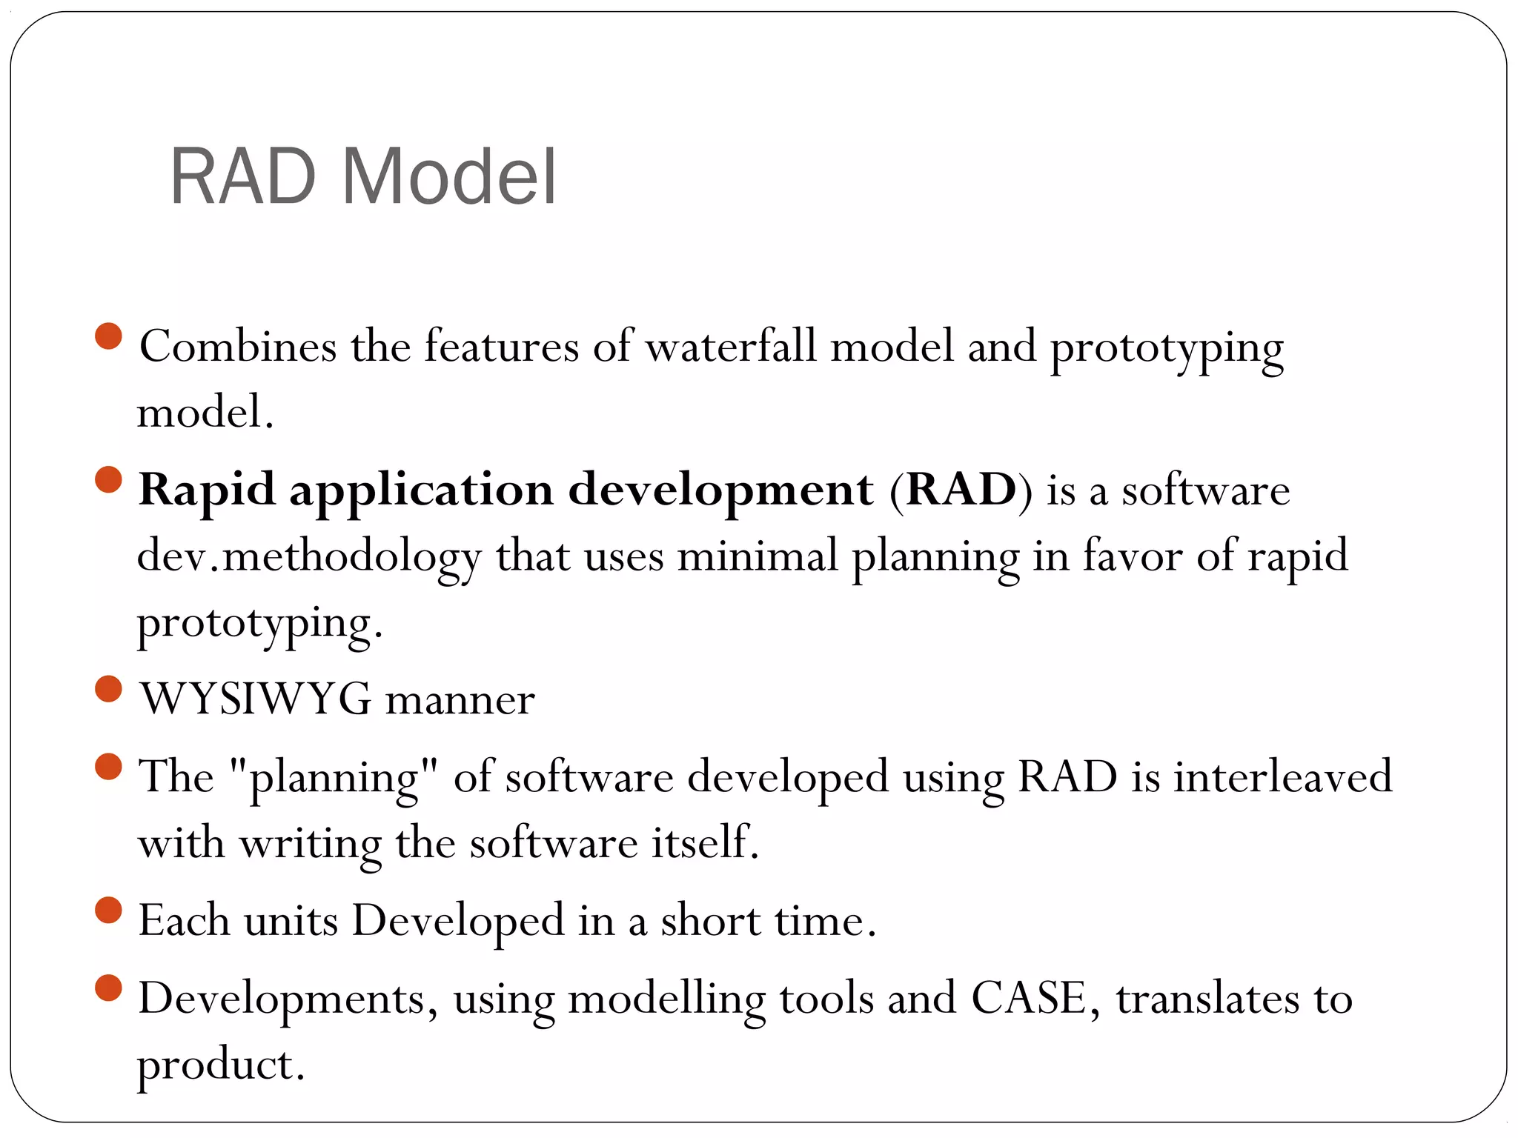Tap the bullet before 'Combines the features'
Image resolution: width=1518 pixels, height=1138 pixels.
coord(109,336)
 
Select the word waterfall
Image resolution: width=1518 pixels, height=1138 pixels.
coord(730,346)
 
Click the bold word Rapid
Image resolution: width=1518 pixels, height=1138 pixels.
coord(207,490)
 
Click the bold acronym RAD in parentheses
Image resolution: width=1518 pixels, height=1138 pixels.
coord(961,490)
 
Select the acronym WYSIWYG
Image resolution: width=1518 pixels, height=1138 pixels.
coord(256,699)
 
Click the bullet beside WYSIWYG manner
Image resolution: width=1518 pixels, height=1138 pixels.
coord(109,688)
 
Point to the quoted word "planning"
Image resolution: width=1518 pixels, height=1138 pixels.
coord(334,777)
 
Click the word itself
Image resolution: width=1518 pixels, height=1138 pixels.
coord(705,842)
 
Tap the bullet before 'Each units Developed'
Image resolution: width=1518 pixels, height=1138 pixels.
coord(109,910)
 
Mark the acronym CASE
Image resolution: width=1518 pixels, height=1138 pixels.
coord(1029,998)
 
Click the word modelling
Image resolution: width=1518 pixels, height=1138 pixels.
coord(666,999)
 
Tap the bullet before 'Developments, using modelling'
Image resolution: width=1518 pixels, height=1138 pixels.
coord(109,988)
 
